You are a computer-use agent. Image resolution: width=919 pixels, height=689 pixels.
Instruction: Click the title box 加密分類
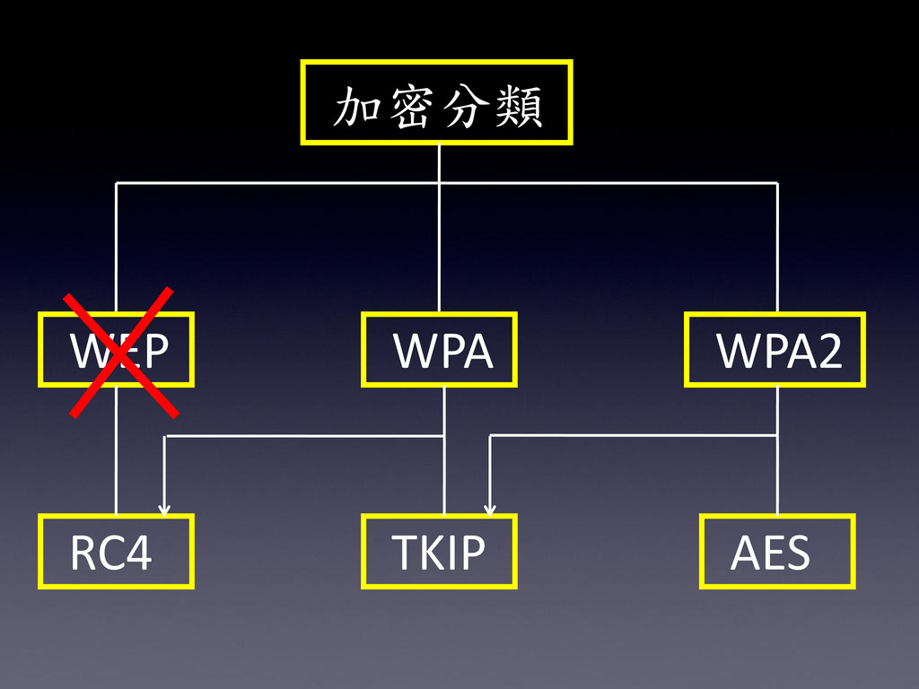pos(437,102)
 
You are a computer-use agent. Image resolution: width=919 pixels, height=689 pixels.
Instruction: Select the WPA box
pos(439,349)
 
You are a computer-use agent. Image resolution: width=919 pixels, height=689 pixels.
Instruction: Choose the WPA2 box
pos(775,349)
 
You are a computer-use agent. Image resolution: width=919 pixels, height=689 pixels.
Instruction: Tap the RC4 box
pos(116,552)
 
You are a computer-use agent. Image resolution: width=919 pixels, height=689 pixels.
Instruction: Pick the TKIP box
pos(439,552)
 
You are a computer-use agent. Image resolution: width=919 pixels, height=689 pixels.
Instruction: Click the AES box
pos(777,552)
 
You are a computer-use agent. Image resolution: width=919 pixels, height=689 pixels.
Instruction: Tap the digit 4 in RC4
pos(138,554)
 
